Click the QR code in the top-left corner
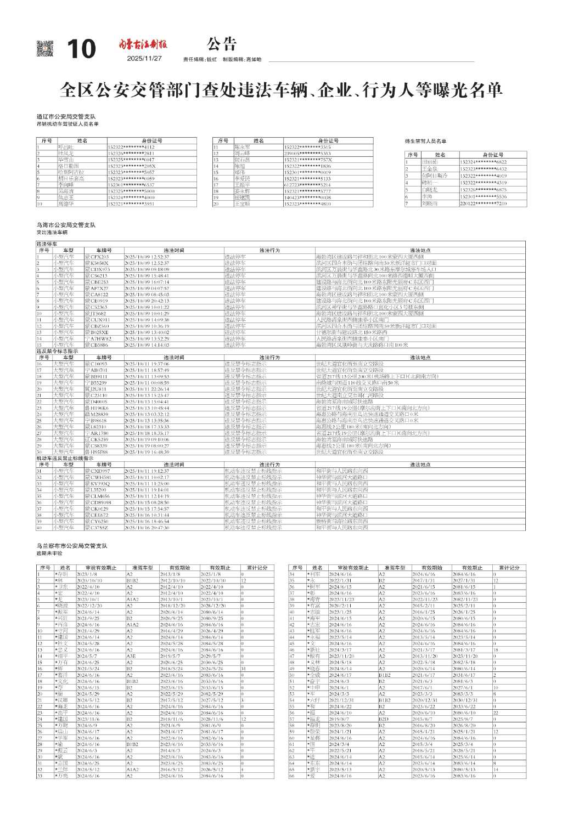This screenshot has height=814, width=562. (45, 48)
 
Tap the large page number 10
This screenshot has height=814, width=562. (81, 49)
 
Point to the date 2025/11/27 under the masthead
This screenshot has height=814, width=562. (144, 59)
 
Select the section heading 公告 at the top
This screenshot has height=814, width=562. (222, 44)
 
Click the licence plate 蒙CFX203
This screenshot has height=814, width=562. (97, 257)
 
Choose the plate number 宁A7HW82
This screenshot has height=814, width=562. (97, 338)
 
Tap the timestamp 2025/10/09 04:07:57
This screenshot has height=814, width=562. (147, 288)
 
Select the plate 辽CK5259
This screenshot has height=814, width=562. (97, 439)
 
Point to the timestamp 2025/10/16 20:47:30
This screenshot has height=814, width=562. (147, 527)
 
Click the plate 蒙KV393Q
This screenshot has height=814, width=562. (97, 483)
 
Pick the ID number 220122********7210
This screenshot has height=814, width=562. (484, 203)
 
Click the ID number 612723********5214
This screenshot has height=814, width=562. (307, 185)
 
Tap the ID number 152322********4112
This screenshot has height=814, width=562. (131, 147)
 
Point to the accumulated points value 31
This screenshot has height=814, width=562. (243, 669)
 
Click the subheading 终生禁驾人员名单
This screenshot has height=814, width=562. (425, 142)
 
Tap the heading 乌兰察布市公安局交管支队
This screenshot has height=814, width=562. (72, 546)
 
